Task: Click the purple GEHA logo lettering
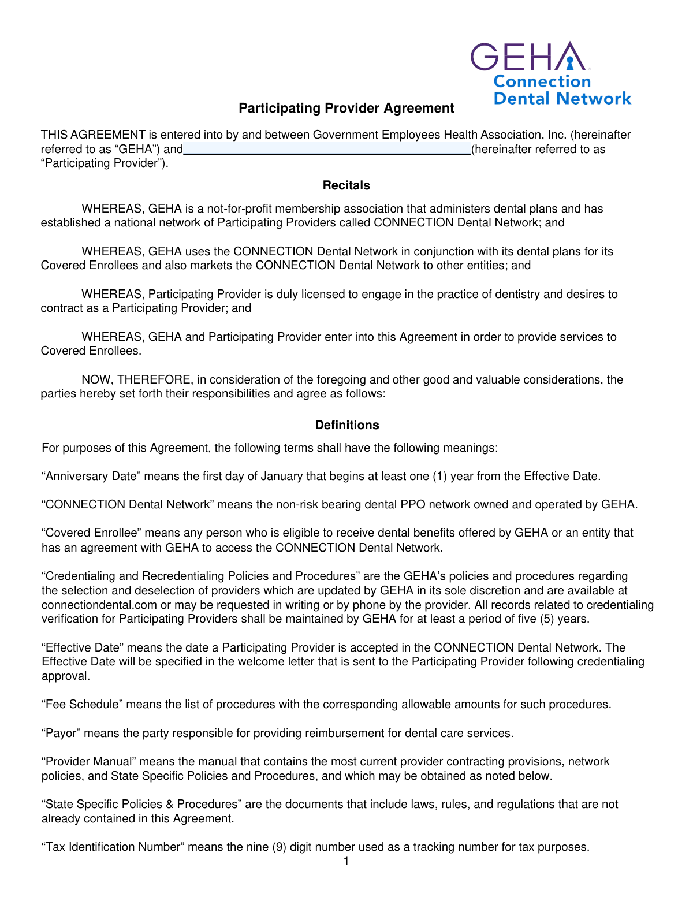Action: pyautogui.click(x=528, y=57)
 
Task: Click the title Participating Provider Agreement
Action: pyautogui.click(x=346, y=109)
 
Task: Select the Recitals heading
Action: pyautogui.click(x=346, y=185)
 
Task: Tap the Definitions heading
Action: pyautogui.click(x=346, y=425)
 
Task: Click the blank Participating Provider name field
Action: pyautogui.click(x=327, y=150)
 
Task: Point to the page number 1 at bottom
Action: pyautogui.click(x=346, y=862)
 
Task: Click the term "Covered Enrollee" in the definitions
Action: pyautogui.click(x=88, y=533)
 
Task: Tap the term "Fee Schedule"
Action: pyautogui.click(x=83, y=705)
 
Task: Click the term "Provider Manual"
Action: pyautogui.click(x=88, y=762)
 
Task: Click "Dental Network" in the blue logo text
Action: pyautogui.click(x=562, y=99)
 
